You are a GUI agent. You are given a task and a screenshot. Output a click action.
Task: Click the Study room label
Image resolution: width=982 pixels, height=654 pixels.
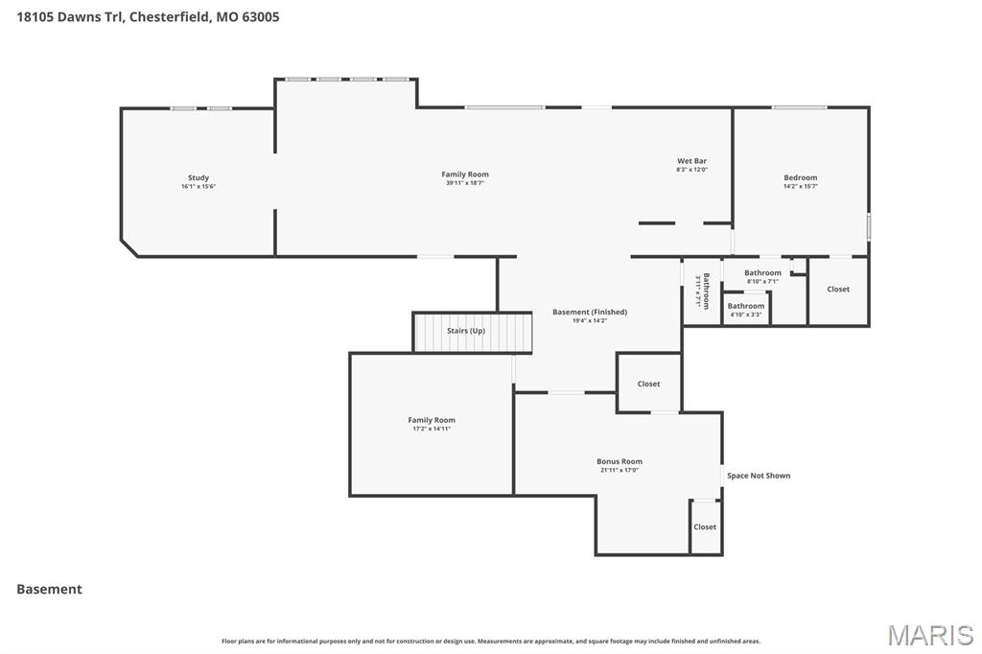(199, 177)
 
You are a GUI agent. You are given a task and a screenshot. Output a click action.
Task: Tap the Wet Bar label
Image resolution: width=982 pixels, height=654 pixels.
(691, 161)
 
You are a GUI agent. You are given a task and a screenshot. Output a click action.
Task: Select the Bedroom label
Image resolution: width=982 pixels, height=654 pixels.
(801, 177)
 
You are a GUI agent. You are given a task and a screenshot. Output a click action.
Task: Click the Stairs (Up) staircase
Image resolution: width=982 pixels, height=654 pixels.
(472, 332)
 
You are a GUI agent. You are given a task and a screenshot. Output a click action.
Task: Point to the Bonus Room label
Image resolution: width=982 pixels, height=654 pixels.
(620, 461)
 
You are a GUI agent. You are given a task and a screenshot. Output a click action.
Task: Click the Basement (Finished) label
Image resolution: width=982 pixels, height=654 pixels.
(590, 312)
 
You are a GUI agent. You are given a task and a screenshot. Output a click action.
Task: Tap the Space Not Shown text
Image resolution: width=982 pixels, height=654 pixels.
(759, 476)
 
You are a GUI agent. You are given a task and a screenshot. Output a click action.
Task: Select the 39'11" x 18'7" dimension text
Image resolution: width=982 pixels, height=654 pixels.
(465, 183)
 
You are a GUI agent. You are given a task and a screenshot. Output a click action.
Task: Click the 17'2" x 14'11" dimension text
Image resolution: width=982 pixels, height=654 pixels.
(432, 429)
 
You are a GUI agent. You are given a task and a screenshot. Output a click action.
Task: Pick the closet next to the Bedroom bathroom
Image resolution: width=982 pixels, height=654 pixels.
(838, 290)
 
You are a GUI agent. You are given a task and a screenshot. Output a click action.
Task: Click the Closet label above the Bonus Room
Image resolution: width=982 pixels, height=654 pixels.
(648, 384)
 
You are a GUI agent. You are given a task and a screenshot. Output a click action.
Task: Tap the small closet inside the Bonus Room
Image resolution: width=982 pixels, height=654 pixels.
(705, 526)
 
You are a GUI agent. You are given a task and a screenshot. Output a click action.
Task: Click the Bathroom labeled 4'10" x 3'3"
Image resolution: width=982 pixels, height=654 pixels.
(746, 309)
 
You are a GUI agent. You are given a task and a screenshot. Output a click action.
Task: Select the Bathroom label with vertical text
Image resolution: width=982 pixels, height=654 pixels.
(705, 291)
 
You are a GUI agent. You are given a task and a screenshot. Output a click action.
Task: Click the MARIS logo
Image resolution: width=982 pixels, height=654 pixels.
(930, 635)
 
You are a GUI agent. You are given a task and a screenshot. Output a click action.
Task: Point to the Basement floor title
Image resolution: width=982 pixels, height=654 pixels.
(49, 590)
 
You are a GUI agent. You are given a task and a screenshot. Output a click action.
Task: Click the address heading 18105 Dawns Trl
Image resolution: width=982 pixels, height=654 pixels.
(148, 16)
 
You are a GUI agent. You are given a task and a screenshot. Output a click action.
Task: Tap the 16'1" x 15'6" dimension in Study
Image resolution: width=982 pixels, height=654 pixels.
(199, 186)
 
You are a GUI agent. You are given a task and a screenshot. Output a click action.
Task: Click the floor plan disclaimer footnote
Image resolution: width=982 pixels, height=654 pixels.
(491, 641)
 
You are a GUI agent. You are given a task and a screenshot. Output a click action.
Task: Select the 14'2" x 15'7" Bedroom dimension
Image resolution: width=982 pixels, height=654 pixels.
(801, 186)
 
